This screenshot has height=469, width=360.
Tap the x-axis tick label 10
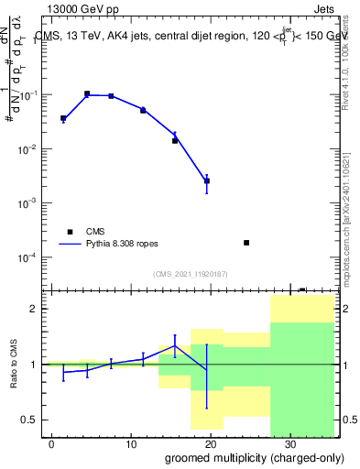tap(131, 443)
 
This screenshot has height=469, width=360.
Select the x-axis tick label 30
tap(290, 443)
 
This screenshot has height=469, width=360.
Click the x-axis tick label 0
tap(52, 443)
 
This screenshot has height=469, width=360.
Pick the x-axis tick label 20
tap(211, 443)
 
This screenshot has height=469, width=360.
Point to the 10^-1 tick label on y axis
tap(31, 95)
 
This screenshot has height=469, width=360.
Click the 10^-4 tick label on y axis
tap(31, 257)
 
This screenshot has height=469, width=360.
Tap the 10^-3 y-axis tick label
tap(31, 203)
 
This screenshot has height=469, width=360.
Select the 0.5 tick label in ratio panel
tap(30, 420)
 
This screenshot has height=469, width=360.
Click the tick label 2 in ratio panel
tap(35, 309)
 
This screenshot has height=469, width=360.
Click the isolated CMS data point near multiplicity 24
tap(246, 243)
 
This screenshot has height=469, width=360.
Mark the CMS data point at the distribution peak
tap(87, 93)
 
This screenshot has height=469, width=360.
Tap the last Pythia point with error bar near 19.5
tap(207, 180)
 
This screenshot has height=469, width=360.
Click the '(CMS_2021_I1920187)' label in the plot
tap(189, 274)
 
